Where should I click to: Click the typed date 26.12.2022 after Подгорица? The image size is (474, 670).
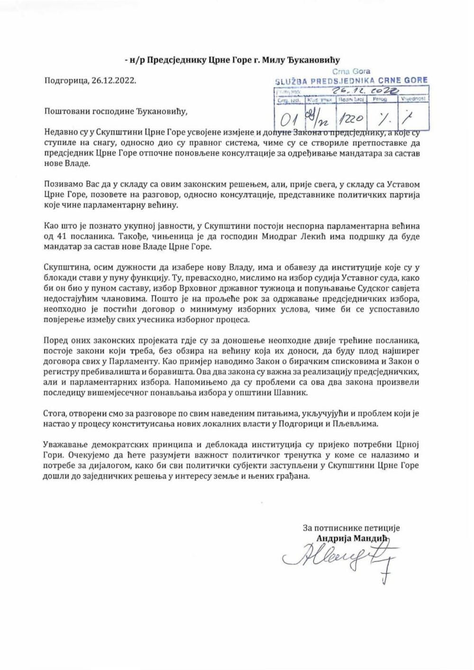(x=113, y=81)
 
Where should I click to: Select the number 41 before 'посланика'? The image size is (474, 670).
(x=59, y=236)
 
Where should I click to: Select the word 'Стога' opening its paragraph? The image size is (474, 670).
(x=54, y=413)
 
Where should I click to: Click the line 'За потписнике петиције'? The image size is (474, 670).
(x=351, y=528)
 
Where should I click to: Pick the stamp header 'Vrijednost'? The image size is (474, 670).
(x=413, y=100)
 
